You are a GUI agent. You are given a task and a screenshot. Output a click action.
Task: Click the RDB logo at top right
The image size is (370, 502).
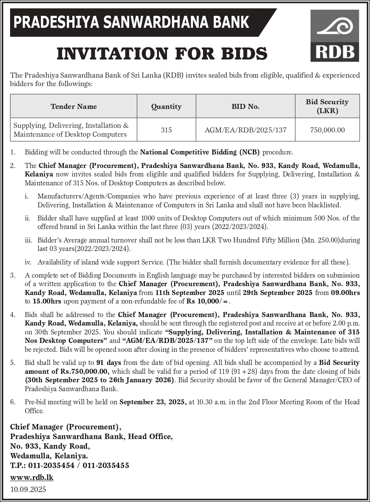335,36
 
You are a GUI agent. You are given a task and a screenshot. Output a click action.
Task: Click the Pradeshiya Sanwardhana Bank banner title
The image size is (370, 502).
131,22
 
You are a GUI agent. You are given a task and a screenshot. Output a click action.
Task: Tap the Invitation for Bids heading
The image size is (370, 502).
162,54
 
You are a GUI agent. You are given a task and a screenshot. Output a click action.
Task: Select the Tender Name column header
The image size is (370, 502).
73,107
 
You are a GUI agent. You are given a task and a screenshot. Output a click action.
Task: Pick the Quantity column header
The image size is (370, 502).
166,107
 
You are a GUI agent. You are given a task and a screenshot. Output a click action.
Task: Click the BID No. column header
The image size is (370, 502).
246,107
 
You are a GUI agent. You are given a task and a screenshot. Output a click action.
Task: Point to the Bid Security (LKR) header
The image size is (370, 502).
327,106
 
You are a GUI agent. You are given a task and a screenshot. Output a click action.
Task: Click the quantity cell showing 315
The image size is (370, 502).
166,130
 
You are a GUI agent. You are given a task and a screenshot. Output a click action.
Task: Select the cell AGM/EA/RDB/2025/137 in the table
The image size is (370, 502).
246,130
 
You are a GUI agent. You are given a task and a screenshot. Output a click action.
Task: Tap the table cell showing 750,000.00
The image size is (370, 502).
327,130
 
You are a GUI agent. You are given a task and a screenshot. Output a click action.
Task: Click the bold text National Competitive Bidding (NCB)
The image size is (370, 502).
200,152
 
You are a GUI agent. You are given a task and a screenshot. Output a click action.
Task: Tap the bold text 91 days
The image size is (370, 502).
109,363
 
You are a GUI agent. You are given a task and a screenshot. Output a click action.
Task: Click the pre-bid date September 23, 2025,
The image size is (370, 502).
153,402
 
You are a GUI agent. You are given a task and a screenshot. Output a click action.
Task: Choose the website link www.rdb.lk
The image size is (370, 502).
32,477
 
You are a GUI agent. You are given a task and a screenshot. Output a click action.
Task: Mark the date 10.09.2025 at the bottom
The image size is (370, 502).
28,489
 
